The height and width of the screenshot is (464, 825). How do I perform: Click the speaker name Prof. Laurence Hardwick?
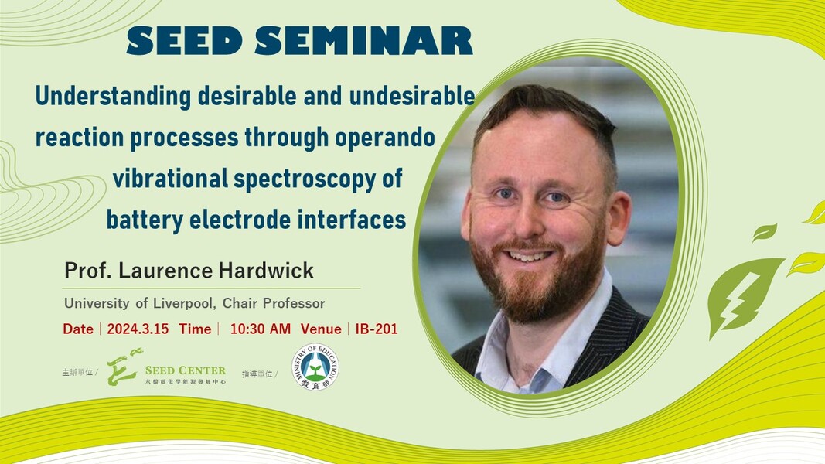click(189, 271)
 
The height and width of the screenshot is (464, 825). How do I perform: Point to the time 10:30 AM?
click(261, 329)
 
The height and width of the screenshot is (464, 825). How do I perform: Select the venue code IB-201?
click(377, 329)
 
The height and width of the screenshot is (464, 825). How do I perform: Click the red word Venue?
click(321, 329)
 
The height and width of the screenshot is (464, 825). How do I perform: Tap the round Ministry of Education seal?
click(315, 367)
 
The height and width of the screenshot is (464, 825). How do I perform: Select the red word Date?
click(78, 329)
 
